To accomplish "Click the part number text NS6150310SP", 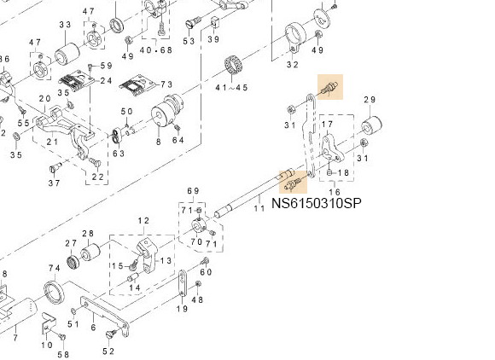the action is coord(317,203).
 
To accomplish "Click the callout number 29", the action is coord(370,100).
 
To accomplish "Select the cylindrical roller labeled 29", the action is coord(371,126).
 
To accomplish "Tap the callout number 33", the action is coord(65,25).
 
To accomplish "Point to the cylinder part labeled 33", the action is coord(67,54).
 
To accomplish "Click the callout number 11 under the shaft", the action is coord(259,208).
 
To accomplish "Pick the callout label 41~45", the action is coord(231,87).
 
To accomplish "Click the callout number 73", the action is coord(166,84).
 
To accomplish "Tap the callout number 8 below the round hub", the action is coord(159,142).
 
